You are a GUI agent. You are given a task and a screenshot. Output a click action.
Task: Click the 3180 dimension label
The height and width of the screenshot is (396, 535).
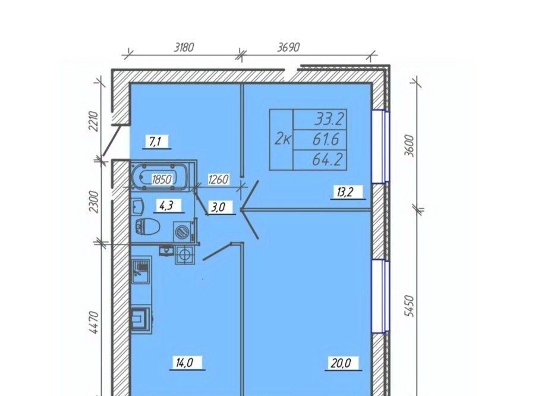184,47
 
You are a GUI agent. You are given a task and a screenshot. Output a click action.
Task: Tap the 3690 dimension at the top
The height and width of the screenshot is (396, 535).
288,47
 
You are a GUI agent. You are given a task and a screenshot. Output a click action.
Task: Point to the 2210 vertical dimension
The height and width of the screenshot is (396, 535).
94,121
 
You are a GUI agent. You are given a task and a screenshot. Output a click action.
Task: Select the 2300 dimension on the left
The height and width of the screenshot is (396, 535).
95,202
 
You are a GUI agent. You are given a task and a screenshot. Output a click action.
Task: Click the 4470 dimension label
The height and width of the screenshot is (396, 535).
95,323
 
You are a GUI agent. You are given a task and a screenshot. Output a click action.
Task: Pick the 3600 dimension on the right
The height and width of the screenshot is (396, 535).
409,146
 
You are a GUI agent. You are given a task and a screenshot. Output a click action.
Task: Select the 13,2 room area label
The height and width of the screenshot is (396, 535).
345,192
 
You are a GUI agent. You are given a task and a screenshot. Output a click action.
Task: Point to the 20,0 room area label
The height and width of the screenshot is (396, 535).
341,363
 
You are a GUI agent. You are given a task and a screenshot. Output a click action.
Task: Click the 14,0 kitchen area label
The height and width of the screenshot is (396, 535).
185,363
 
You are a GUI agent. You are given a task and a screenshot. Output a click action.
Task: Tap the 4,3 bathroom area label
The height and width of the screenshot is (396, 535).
166,206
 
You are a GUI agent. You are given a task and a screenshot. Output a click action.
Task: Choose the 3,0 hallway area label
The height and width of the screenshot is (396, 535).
218,208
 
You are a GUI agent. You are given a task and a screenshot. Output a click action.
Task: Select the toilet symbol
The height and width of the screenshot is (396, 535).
148,226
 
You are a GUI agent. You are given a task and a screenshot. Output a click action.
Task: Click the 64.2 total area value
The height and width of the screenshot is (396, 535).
327,160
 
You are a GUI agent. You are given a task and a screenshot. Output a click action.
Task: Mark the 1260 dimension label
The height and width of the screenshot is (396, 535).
218,179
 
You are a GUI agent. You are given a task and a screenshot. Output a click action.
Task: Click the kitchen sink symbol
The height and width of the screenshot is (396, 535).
141,271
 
